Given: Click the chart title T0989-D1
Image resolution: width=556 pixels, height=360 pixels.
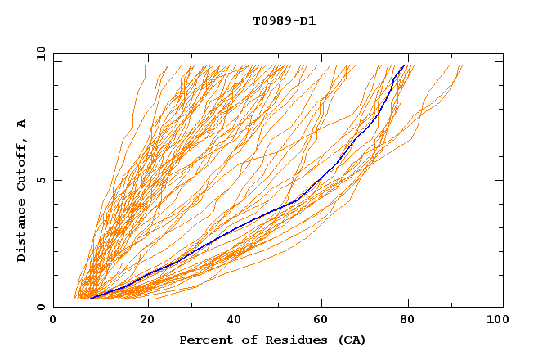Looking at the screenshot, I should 284,21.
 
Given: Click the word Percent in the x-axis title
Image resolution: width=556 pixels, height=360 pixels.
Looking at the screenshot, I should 205,340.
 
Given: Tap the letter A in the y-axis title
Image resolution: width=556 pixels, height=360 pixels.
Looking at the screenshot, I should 22,124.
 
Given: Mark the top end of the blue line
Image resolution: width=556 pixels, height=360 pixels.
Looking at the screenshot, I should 404,66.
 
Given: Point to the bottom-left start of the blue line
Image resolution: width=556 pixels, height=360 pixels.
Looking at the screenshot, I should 90,299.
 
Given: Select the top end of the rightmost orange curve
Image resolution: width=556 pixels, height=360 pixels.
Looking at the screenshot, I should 462,66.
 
